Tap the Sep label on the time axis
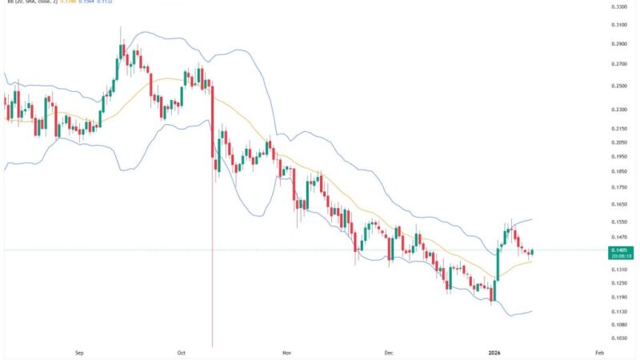coord(78,352)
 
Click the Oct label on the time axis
coord(182,352)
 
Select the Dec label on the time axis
coord(388,352)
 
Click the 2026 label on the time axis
coord(494,352)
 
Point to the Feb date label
coord(599,352)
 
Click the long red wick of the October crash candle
coord(212,264)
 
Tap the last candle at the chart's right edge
coord(531,253)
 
